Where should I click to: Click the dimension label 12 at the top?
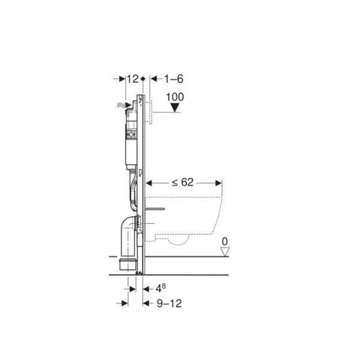pos(133,79)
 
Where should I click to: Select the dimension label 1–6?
pos(174,79)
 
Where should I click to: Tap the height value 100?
pos(175,97)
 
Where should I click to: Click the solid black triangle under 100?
pos(175,107)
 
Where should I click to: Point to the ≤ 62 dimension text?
pos(183,182)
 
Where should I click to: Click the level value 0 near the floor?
pos(225,242)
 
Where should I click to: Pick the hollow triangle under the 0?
pos(225,252)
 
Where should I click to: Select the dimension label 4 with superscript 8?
pos(160,288)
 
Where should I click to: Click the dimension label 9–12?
pos(169,304)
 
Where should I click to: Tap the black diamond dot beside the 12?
pos(143,79)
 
